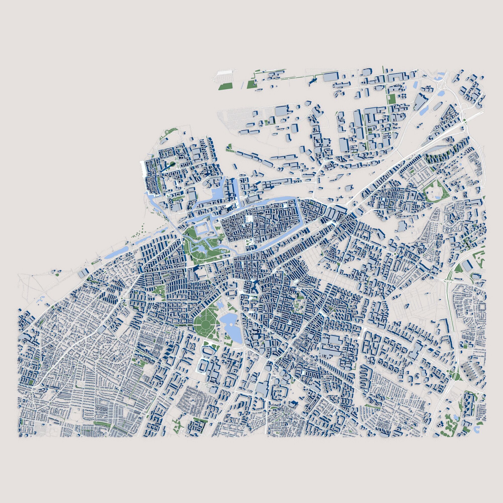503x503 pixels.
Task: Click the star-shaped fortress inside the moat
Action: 201,230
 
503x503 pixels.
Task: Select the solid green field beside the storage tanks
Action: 225,87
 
